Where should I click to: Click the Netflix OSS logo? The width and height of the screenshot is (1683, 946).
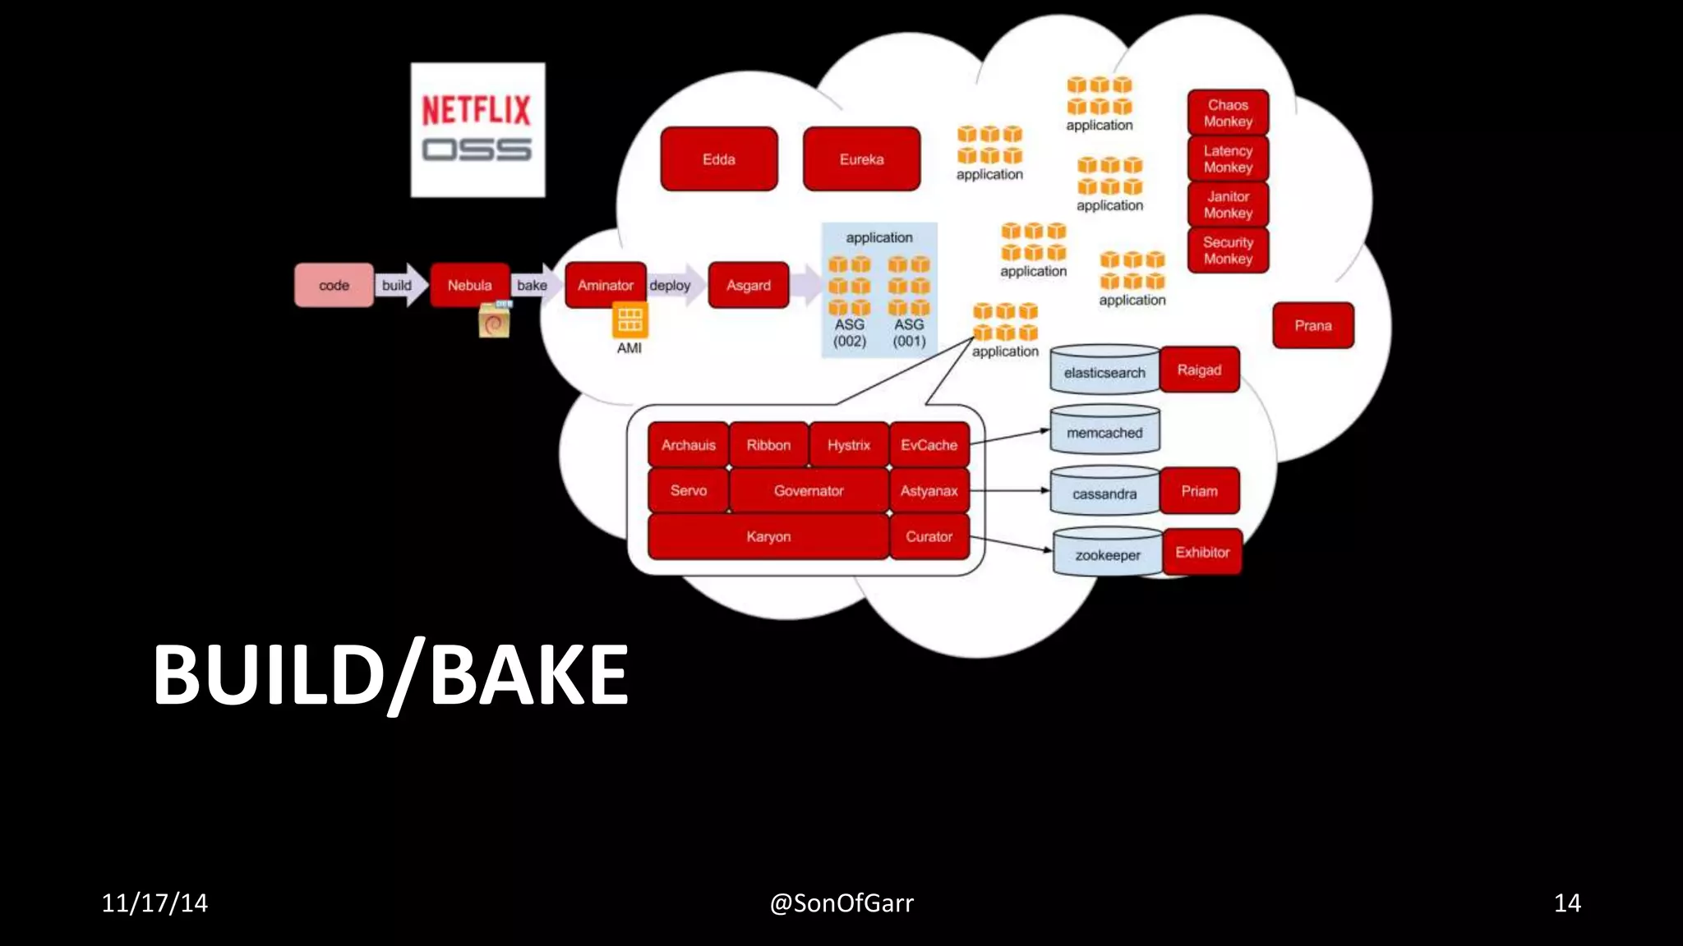[x=477, y=130]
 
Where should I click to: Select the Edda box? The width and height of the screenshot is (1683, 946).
[x=718, y=159]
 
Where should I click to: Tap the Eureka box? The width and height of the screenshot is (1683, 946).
[x=861, y=159]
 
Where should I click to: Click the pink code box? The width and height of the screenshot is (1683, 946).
[x=334, y=285]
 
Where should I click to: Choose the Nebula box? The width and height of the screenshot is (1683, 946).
[x=469, y=285]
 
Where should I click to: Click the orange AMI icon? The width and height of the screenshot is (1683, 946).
[x=629, y=319]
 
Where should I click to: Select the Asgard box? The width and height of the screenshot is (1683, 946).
[x=748, y=285]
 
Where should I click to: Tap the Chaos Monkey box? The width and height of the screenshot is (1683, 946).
[x=1228, y=113]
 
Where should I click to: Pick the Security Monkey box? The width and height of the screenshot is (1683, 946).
[x=1228, y=250]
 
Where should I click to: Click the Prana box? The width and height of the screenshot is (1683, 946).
[x=1312, y=325]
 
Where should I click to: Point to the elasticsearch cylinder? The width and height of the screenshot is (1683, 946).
[x=1104, y=371]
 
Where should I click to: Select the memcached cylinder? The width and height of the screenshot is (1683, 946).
[x=1104, y=431]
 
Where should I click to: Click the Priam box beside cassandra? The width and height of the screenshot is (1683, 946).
[x=1199, y=491]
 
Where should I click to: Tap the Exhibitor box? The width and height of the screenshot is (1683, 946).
[x=1201, y=552]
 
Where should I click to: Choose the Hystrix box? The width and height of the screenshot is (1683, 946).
[x=848, y=445]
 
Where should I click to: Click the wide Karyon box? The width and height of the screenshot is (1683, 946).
[x=768, y=536]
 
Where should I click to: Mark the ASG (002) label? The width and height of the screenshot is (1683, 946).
[x=849, y=333]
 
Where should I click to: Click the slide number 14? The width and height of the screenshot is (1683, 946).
[x=1566, y=903]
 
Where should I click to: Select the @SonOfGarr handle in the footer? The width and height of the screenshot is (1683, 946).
[x=841, y=903]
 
